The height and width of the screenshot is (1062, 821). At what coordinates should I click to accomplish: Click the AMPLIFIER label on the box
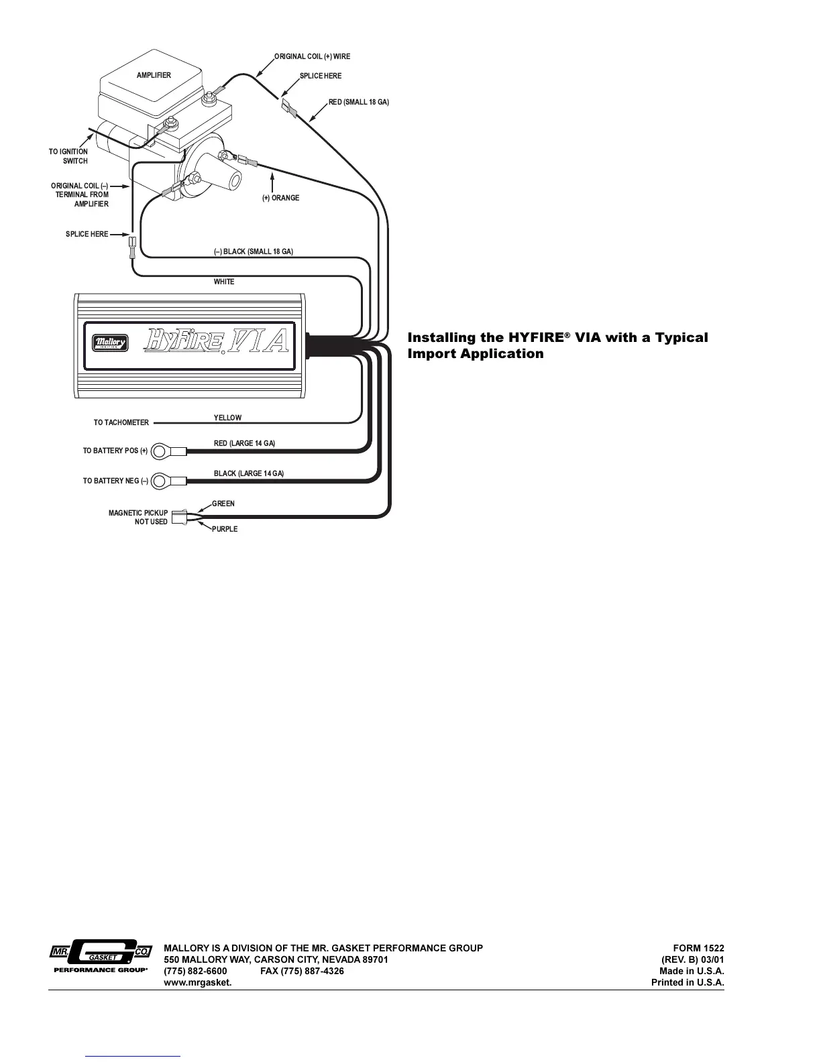pos(154,75)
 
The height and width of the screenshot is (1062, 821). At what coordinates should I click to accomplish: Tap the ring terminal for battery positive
pos(160,451)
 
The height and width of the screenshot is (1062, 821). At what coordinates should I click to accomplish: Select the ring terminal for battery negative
pos(160,481)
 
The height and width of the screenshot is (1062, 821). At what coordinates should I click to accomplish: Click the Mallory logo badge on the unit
pos(110,343)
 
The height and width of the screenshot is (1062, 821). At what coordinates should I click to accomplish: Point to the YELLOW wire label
pos(227,418)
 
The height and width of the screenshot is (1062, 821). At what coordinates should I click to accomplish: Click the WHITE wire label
pos(224,282)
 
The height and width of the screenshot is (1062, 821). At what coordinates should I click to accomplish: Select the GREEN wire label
pos(223,504)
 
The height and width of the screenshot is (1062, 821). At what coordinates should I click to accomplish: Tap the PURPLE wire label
pos(225,529)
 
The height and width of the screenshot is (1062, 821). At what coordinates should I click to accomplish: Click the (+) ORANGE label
pos(281,198)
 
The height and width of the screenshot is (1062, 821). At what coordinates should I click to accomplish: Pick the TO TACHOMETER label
pos(121,423)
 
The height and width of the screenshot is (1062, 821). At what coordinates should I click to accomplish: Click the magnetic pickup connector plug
pos(178,518)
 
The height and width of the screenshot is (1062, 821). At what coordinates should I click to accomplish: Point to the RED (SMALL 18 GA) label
pos(359,103)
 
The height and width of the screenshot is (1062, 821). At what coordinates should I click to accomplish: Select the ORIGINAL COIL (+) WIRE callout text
pos(313,56)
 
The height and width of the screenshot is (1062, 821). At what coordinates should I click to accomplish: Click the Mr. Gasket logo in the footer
pos(101,955)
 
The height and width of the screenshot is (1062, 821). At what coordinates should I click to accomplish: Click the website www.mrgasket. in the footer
pos(198,982)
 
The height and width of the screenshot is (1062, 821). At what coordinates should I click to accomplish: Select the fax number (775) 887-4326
pos(302,971)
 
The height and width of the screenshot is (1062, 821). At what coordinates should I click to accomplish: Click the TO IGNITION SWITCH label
pos(68,156)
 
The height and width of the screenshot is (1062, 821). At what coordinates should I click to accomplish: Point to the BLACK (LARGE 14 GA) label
pos(249,473)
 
